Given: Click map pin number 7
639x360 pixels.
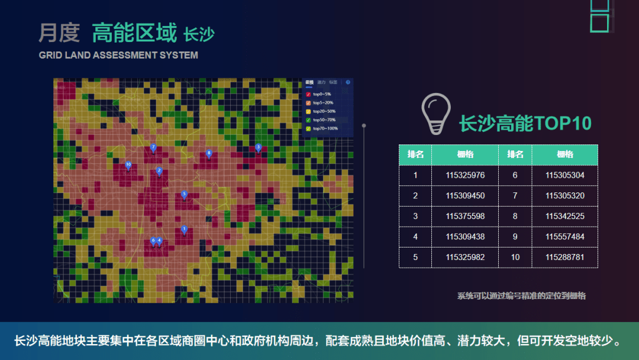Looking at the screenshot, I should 153,147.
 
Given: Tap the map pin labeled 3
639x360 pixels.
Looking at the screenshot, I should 258,147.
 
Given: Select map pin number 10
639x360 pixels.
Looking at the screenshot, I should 128,165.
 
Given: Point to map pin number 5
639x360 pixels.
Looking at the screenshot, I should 184,194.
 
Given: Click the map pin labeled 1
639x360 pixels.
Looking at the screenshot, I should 184,229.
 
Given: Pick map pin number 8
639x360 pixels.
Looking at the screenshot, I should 209,153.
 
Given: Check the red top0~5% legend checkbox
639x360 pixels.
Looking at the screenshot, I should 308,94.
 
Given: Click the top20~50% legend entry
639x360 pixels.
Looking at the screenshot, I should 324,111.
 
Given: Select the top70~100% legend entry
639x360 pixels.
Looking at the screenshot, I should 325,128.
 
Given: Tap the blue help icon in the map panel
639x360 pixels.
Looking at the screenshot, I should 348,82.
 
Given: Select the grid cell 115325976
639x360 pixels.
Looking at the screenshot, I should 465,175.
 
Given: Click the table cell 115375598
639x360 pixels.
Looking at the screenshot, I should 465,216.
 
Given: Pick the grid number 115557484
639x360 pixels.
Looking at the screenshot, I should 564,237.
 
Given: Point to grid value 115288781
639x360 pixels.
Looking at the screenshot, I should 564,258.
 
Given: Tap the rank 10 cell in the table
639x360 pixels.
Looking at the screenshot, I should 515,258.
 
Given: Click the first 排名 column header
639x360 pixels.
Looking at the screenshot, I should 415,155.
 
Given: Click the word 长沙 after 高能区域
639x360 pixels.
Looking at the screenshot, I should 199,35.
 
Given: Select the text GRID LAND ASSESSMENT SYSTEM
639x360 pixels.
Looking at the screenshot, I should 118,55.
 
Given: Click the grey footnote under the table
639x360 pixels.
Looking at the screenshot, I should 521,295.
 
